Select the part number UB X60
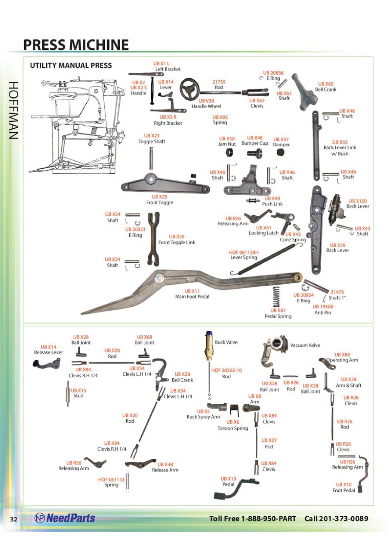point(326,84)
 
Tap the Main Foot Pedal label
point(192,297)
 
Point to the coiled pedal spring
point(276,297)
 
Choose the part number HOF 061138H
point(244,252)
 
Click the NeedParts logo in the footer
point(65,518)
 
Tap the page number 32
point(14,519)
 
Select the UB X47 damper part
point(280,152)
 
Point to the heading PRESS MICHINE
point(76,45)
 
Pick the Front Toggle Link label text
point(177,243)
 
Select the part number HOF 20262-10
point(226,371)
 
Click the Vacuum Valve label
point(305,345)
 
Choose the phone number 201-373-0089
point(343,518)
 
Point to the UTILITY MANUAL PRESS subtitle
point(71,65)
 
